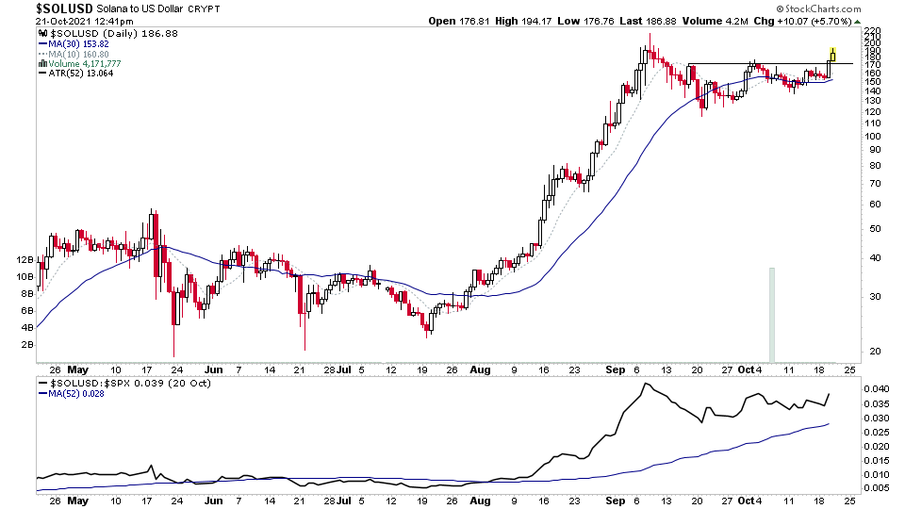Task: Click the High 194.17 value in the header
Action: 556,21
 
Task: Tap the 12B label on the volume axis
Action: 25,259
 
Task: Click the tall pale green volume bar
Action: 772,314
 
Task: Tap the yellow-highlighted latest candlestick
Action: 832,55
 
